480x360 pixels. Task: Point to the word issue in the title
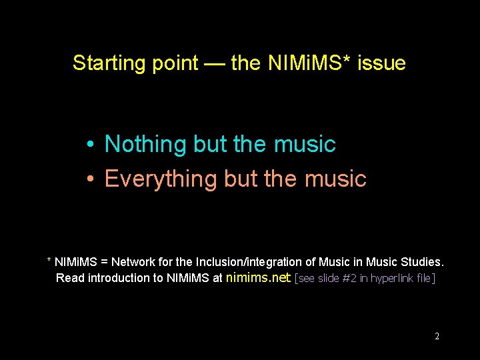pyautogui.click(x=381, y=63)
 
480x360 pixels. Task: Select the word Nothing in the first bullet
pyautogui.click(x=146, y=144)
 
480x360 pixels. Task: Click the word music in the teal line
pyautogui.click(x=305, y=144)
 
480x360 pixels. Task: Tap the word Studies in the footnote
pyautogui.click(x=421, y=262)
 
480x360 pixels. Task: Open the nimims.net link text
pyautogui.click(x=258, y=277)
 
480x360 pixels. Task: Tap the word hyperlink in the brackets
pyautogui.click(x=392, y=278)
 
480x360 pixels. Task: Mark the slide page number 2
pyautogui.click(x=437, y=337)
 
